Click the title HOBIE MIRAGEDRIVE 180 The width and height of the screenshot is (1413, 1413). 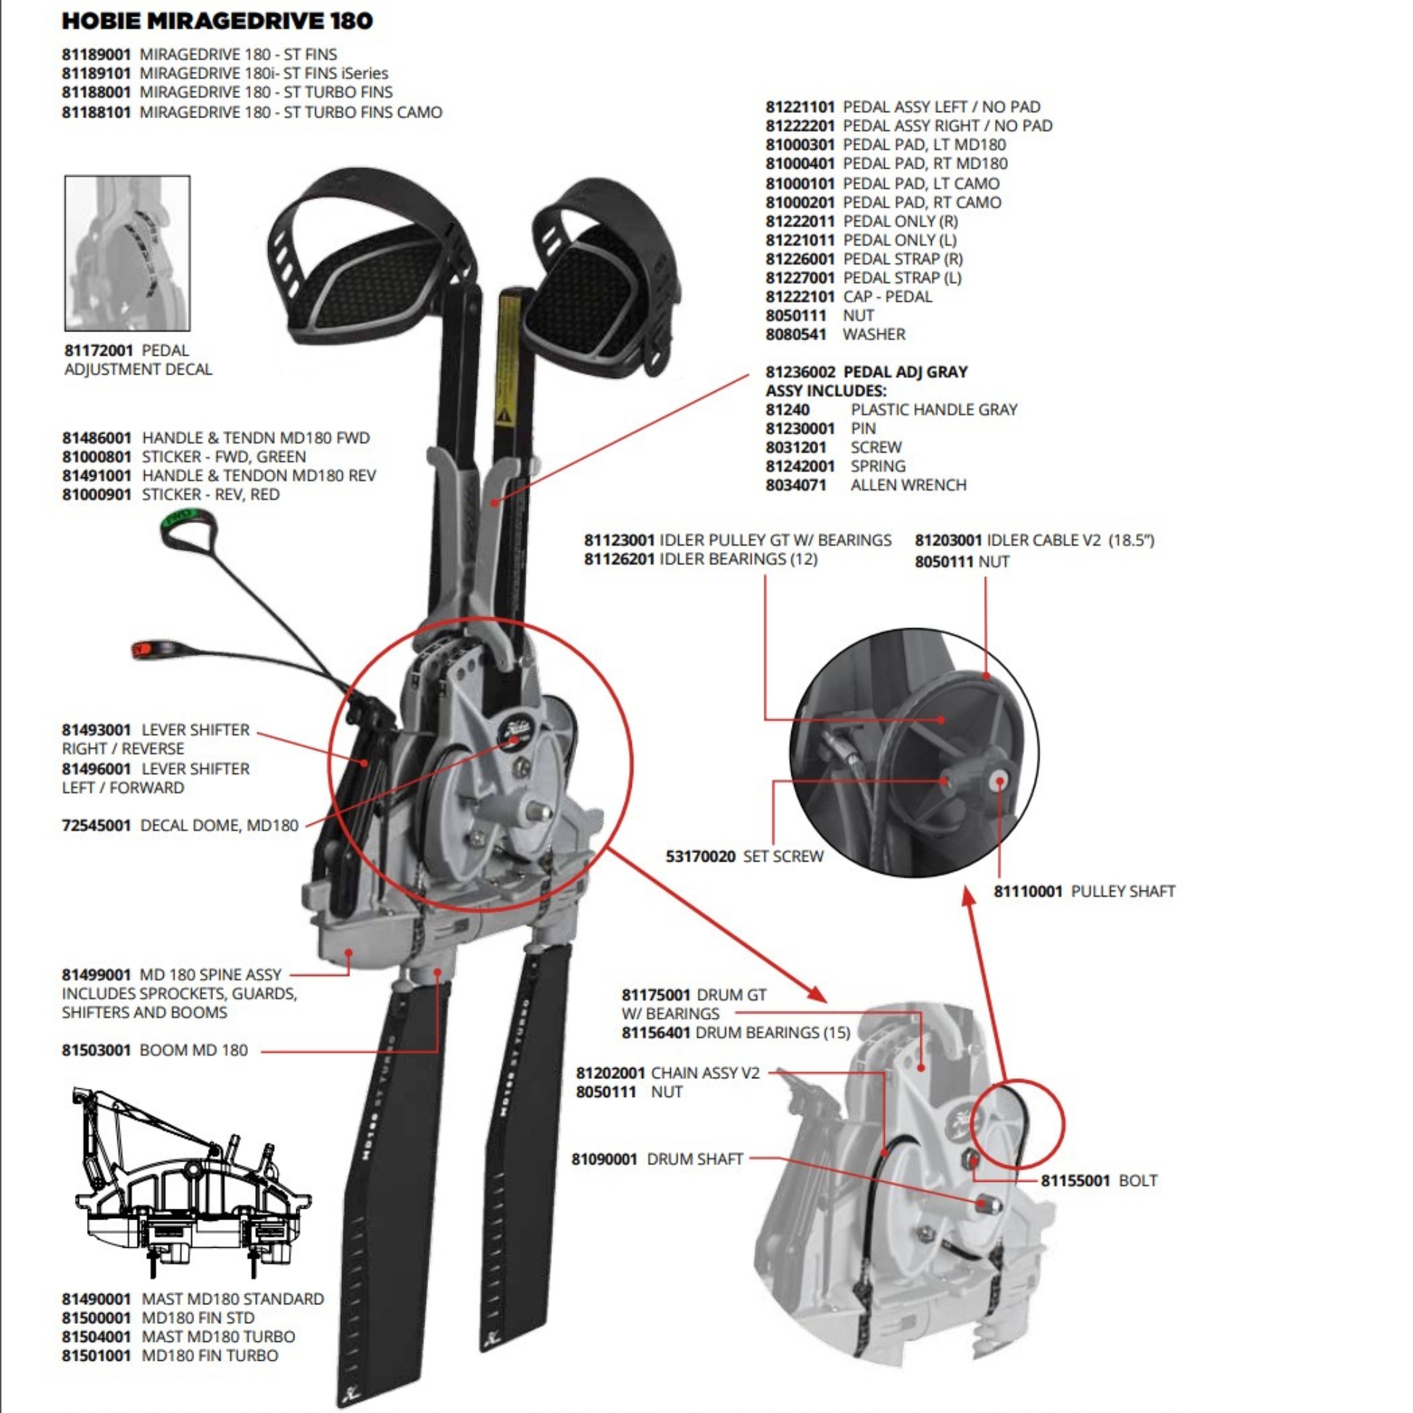tap(217, 21)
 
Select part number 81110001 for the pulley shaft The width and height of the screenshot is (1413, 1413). tap(1028, 891)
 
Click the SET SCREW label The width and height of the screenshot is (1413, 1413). tap(783, 856)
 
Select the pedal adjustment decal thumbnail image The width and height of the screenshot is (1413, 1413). tap(128, 253)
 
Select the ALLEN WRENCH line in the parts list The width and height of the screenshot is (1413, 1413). tap(908, 485)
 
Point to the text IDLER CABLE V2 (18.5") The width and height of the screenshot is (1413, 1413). tap(1070, 541)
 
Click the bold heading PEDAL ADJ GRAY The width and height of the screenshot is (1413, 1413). tap(905, 372)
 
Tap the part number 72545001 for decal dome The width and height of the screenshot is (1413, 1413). tap(96, 826)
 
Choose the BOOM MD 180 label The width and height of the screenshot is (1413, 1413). tap(193, 1050)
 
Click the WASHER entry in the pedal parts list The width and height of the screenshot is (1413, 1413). tap(874, 334)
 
